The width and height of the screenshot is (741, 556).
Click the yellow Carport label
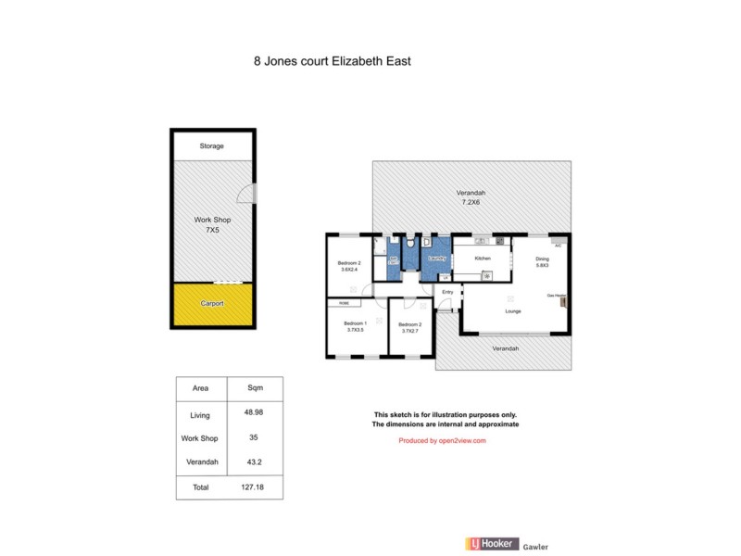click(x=212, y=303)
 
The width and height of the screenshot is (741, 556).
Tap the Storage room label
click(x=212, y=145)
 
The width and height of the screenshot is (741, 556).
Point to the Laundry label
click(x=437, y=259)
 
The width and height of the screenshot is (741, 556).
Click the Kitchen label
click(x=483, y=258)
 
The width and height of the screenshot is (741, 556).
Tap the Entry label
click(x=447, y=292)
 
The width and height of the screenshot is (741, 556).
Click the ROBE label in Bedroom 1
click(x=344, y=303)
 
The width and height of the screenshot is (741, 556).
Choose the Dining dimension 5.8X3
click(x=543, y=266)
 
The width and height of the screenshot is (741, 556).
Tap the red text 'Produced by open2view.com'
click(x=442, y=441)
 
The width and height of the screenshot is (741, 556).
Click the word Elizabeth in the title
click(x=352, y=63)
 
